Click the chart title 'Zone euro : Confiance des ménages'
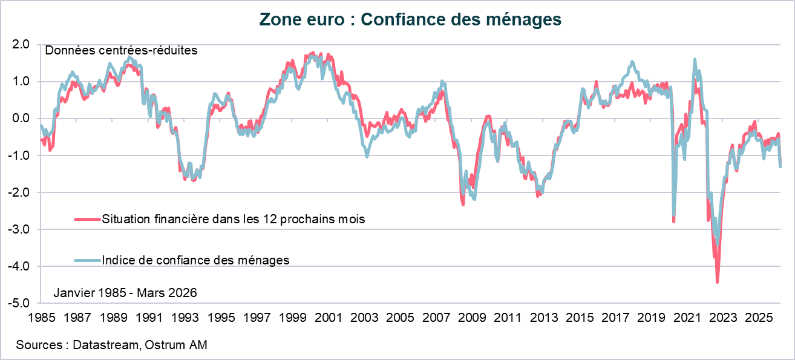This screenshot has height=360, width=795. point(410,19)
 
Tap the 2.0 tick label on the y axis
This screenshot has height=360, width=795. point(20,45)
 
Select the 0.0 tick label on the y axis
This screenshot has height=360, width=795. point(20,119)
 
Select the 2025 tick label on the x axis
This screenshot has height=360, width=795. point(757,317)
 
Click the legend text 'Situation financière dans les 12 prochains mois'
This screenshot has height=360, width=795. point(234,219)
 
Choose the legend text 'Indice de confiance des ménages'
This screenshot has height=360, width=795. point(196,260)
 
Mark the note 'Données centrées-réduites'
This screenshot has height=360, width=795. point(122,51)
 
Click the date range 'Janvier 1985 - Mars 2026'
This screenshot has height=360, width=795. point(125,293)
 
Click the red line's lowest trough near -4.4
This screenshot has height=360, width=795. point(717,282)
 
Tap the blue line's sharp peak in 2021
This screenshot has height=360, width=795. point(694,59)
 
